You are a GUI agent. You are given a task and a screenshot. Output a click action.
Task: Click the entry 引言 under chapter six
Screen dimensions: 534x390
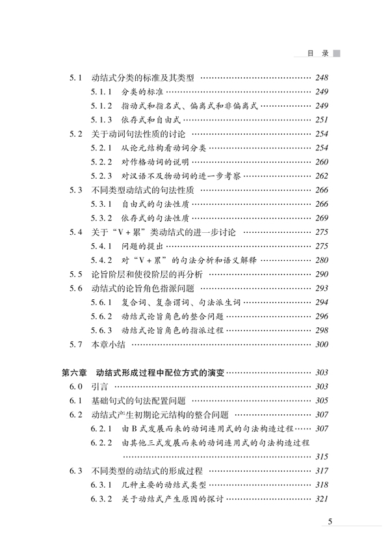tap(100, 387)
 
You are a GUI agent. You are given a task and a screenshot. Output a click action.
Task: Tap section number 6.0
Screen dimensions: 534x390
tap(77, 387)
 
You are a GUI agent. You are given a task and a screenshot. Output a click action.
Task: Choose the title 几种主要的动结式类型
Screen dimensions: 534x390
tap(167, 485)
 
